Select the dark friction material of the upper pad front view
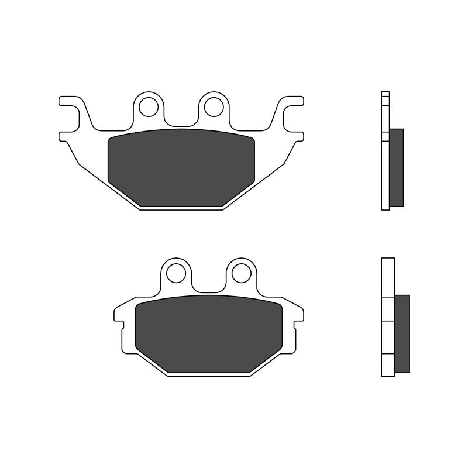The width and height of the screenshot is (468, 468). click(x=181, y=168)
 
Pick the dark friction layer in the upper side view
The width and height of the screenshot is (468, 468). click(x=397, y=167)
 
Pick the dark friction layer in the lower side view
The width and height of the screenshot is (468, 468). click(x=402, y=333)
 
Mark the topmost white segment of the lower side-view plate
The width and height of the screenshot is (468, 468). click(x=388, y=278)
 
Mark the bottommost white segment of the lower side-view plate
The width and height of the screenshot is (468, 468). click(x=388, y=366)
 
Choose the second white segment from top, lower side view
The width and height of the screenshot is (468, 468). click(x=388, y=309)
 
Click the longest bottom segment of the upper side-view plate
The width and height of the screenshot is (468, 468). click(x=385, y=175)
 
